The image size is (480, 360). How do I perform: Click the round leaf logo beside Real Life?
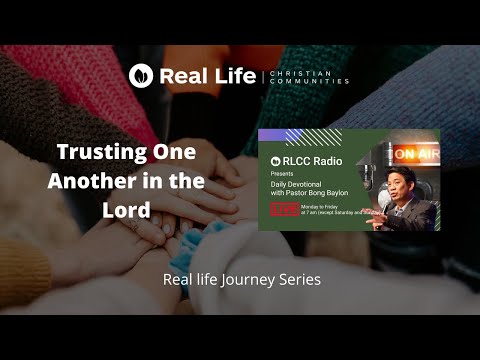tap(141, 74)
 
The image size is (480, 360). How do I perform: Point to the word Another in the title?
tap(89, 183)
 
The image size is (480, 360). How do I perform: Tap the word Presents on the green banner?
tap(288, 173)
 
